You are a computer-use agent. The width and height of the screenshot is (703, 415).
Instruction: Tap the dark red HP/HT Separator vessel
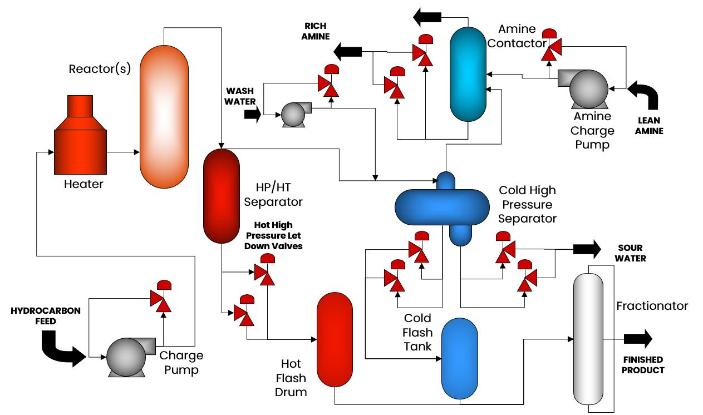(x=221, y=196)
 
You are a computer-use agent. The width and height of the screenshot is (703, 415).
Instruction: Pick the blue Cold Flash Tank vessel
(x=460, y=358)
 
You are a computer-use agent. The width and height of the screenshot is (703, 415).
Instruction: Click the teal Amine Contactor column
(x=468, y=73)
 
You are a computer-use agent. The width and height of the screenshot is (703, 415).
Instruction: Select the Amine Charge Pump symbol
(x=585, y=87)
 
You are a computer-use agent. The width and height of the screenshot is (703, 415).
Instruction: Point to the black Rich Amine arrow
(x=347, y=52)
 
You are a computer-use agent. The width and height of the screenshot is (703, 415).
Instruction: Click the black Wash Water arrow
(x=252, y=115)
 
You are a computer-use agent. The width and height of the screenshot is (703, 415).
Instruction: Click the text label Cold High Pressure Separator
(x=527, y=204)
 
